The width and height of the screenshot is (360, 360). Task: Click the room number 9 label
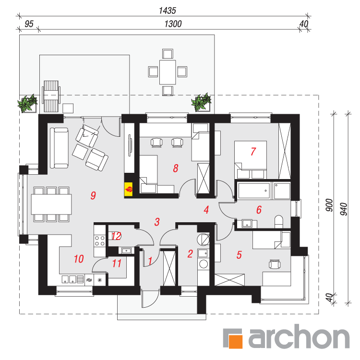[x=93, y=195]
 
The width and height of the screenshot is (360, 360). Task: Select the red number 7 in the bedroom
[x=253, y=151]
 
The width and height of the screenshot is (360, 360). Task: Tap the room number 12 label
[x=117, y=236]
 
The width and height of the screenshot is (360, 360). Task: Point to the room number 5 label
[x=239, y=255]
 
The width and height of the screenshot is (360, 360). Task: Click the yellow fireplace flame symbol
[x=129, y=190]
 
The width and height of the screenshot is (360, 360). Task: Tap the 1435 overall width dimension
[x=168, y=11]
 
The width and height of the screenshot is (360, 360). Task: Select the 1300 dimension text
[x=173, y=24]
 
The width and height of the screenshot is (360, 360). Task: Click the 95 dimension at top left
[x=29, y=24]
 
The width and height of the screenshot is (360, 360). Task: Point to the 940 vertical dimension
[x=344, y=209]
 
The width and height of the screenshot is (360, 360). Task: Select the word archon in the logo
[x=299, y=336]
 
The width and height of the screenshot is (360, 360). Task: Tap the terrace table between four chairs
[x=168, y=72]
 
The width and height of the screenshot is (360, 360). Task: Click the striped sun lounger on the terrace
[x=51, y=96]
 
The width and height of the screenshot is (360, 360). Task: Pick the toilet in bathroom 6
[x=279, y=221]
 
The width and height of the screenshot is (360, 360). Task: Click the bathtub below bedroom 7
[x=254, y=191]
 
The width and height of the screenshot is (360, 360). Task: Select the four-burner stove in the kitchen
[x=100, y=240]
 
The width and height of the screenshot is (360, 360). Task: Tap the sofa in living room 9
[x=59, y=148]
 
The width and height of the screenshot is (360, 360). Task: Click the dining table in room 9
[x=51, y=204]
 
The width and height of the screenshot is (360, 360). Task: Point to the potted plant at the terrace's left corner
[x=27, y=104]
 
